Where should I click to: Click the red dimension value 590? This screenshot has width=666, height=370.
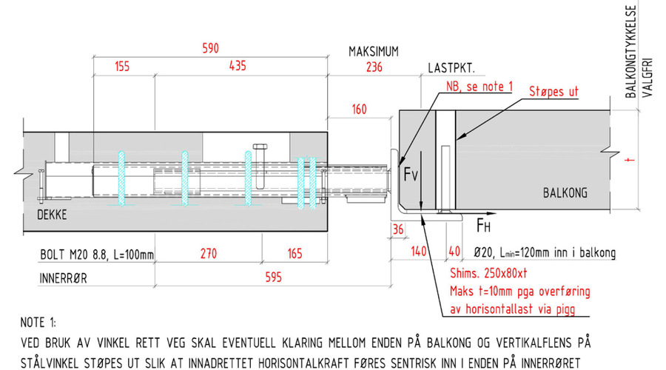(x=210, y=48)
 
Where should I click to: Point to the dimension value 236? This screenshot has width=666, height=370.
(x=374, y=67)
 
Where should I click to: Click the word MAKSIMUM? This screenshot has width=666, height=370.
(x=374, y=52)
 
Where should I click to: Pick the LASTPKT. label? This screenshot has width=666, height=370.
(x=451, y=68)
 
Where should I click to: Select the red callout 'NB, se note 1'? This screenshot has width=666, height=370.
(x=479, y=87)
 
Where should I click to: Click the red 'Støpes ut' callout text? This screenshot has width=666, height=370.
(x=554, y=92)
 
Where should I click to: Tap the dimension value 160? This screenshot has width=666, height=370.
(x=359, y=110)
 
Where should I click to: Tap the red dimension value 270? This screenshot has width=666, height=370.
(x=209, y=254)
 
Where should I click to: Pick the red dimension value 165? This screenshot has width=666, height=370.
(x=295, y=254)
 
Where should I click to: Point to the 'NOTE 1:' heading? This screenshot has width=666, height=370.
(x=45, y=323)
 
